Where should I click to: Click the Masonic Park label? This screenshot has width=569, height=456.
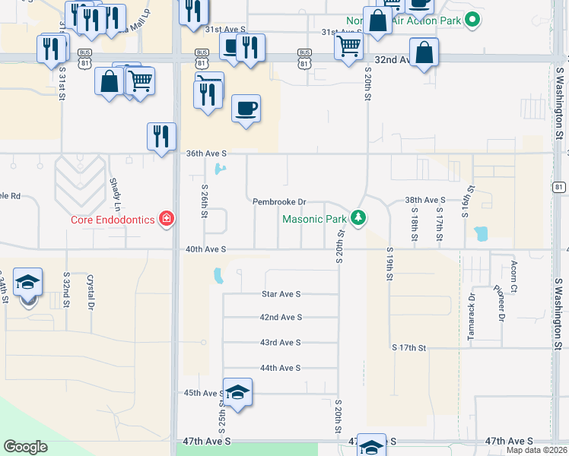[314, 220]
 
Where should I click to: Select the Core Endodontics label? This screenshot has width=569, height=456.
[113, 220]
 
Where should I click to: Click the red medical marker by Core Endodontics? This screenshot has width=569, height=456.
[166, 220]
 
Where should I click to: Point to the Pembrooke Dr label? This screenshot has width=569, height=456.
[279, 202]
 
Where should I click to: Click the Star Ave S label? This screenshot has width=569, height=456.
[281, 293]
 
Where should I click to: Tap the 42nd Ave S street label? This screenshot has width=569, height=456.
[281, 317]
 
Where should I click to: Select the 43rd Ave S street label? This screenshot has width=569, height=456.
[281, 343]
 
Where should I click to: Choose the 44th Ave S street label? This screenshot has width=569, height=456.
[281, 368]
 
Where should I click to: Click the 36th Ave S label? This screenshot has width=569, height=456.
[206, 154]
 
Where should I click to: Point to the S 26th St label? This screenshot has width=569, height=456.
[205, 200]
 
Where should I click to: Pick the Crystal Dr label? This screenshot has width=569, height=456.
[91, 291]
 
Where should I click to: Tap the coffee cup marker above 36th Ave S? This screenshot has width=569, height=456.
[245, 108]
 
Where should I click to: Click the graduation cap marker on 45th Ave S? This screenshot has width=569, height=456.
[237, 392]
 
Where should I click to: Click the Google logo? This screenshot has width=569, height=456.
[25, 447]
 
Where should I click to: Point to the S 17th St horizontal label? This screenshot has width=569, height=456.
[408, 347]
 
